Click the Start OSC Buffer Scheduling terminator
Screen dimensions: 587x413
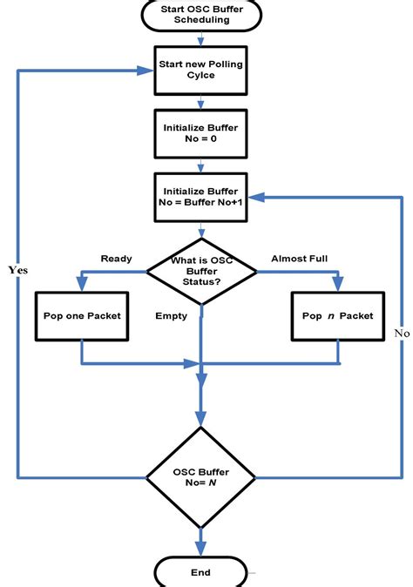(x=201, y=16)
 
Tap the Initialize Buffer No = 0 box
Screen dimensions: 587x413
(x=201, y=133)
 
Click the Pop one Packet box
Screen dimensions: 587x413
(x=81, y=315)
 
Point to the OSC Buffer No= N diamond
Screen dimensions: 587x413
(x=201, y=476)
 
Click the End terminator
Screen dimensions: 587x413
(x=201, y=572)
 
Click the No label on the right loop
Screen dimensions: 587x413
(x=402, y=333)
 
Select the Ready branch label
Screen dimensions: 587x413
(x=116, y=259)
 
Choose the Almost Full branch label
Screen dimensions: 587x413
(x=300, y=259)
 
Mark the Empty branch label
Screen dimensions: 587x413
(x=171, y=316)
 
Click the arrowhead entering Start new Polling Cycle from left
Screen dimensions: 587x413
(x=146, y=70)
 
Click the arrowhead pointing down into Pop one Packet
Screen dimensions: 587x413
(x=80, y=285)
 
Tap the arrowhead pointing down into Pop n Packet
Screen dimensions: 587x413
(x=336, y=285)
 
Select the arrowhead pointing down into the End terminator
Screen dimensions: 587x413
(x=201, y=549)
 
